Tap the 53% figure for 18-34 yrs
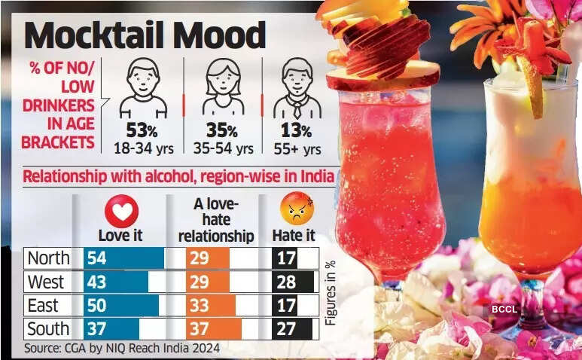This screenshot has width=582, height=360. pyautogui.click(x=142, y=131)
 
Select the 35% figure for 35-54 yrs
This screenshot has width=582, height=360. pyautogui.click(x=222, y=131)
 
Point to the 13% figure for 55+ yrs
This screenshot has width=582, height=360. pyautogui.click(x=296, y=131)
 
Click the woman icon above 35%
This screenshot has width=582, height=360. pyautogui.click(x=222, y=87)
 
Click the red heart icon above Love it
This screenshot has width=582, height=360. pyautogui.click(x=120, y=212)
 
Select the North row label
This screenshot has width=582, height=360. pyautogui.click(x=48, y=258)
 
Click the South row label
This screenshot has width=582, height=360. pyautogui.click(x=48, y=329)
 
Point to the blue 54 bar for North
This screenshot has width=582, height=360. pyautogui.click(x=123, y=258)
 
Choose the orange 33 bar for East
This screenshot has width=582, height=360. pyautogui.click(x=211, y=306)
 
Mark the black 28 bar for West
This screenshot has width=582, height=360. pyautogui.click(x=293, y=282)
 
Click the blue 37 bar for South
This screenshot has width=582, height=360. pyautogui.click(x=111, y=329)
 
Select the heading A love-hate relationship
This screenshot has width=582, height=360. pyautogui.click(x=221, y=220)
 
